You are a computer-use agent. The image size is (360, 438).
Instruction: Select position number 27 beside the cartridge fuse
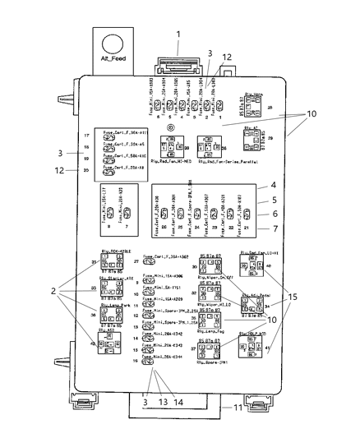pyautogui.click(x=136, y=260)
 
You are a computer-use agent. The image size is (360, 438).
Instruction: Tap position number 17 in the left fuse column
pyautogui.click(x=86, y=134)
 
